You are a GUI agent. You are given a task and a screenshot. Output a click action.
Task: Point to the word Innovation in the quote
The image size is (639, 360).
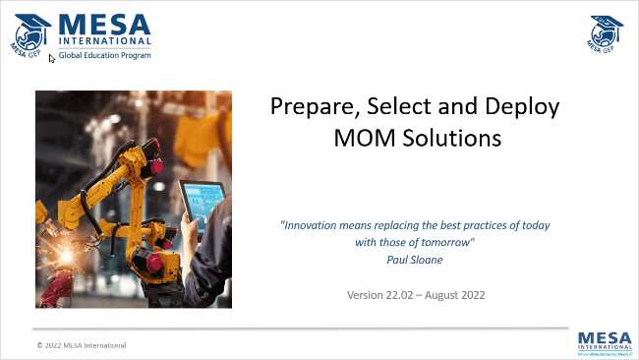(312, 224)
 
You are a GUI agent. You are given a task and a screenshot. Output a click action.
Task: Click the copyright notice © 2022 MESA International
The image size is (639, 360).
(81, 345)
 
